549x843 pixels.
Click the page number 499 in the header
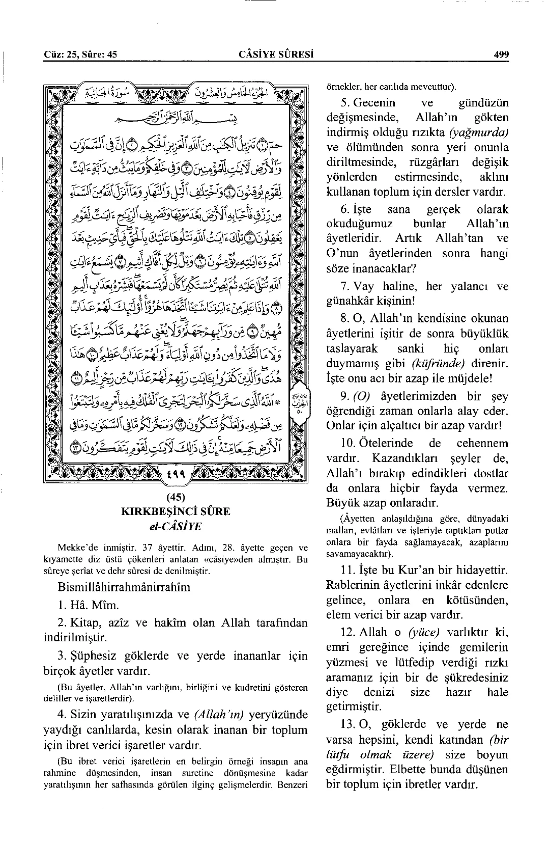click(x=501, y=55)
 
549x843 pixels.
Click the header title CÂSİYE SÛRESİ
click(x=275, y=55)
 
